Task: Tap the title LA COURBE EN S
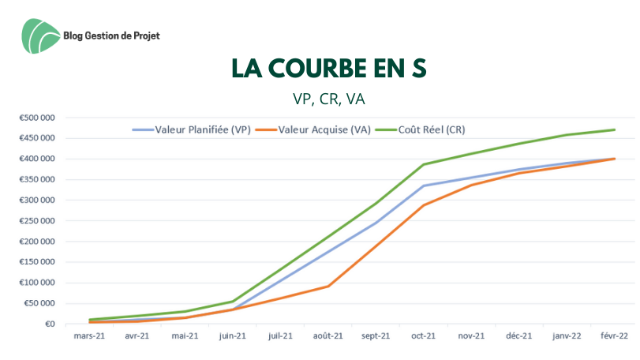329,69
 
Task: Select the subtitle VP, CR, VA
328,100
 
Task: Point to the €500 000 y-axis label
37,118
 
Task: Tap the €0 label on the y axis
49,324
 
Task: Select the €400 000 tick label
37,159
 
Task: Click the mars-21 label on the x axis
90,336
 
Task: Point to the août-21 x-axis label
328,336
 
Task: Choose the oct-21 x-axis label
424,336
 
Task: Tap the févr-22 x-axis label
614,336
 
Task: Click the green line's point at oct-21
424,164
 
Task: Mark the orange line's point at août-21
328,286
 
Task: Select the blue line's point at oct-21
424,186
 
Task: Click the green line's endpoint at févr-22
614,129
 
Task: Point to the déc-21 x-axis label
518,336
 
